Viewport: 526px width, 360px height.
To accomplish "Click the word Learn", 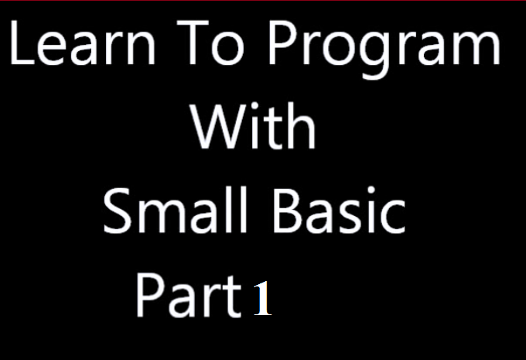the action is (x=83, y=43).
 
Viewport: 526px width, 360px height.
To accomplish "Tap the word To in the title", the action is (x=210, y=43).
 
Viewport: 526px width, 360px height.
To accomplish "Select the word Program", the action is (x=384, y=49).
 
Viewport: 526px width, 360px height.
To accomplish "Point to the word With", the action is (x=253, y=125).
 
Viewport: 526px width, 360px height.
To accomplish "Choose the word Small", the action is (x=175, y=210).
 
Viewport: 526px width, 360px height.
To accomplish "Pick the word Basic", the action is (x=340, y=210).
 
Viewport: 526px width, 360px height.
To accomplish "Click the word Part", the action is (x=188, y=295).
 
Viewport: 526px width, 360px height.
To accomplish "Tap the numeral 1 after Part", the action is (x=263, y=298).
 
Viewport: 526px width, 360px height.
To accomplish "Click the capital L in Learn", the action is (x=22, y=43).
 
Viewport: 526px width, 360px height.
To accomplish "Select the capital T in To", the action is (x=193, y=43).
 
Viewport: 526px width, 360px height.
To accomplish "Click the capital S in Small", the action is (x=117, y=211).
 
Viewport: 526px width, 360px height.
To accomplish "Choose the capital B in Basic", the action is (x=289, y=211).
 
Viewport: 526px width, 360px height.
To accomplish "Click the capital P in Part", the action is (x=150, y=295).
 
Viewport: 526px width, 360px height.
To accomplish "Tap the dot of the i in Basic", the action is (x=371, y=190).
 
